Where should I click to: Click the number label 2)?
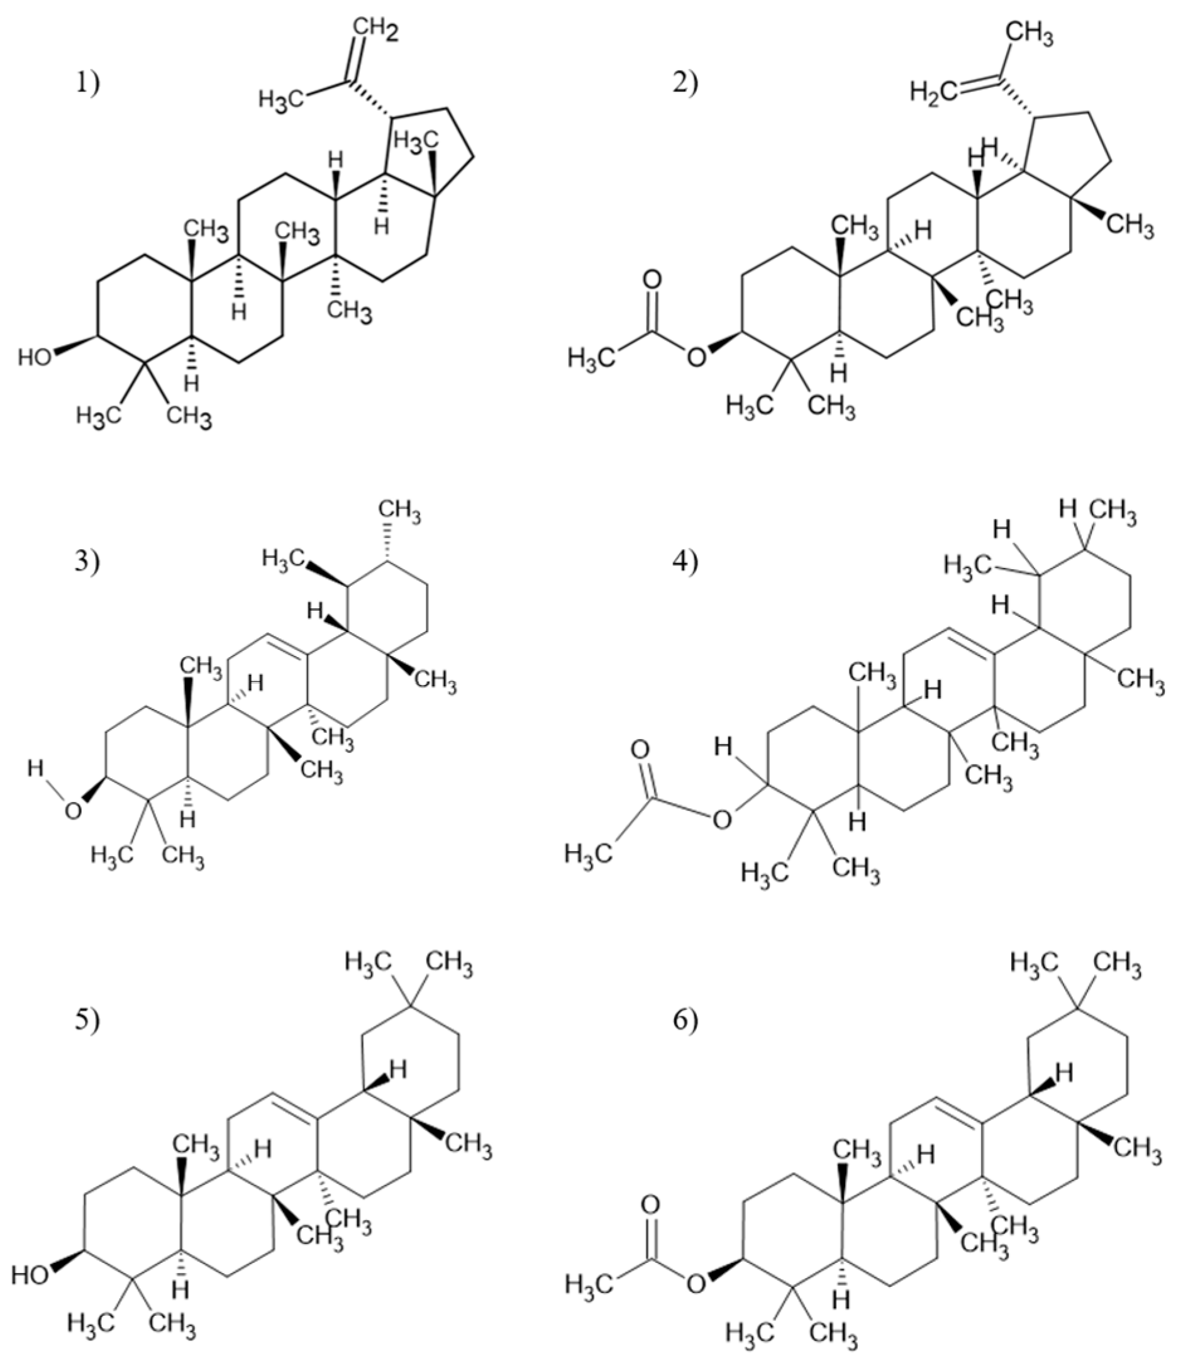(x=686, y=84)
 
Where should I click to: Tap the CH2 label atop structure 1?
(x=375, y=30)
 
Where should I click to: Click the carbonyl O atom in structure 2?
(x=652, y=279)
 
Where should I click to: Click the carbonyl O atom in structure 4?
(x=639, y=749)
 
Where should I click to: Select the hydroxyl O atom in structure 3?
(x=74, y=811)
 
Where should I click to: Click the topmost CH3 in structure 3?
(x=398, y=512)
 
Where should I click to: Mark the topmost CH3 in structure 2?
(x=1030, y=33)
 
